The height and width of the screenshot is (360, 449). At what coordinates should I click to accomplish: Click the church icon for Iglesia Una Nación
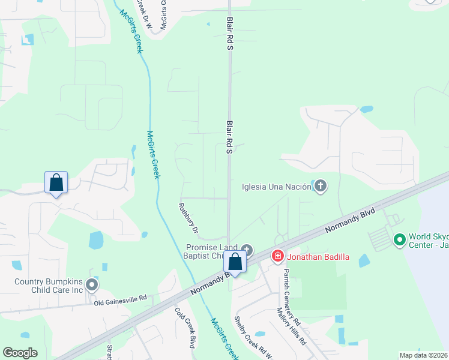[x=320, y=186]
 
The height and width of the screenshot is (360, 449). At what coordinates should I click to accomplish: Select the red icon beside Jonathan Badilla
[x=277, y=257]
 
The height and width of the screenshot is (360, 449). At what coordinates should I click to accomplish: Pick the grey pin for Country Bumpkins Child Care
[x=92, y=285]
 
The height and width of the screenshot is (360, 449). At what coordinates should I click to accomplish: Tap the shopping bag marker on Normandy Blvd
[x=235, y=262]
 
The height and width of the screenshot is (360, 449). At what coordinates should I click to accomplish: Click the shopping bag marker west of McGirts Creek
[x=56, y=182]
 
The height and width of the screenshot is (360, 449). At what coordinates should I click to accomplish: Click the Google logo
[x=20, y=353]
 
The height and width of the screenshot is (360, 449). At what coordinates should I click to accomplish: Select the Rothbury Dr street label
[x=188, y=218]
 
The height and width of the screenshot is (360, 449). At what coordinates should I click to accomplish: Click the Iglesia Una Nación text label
[x=276, y=186]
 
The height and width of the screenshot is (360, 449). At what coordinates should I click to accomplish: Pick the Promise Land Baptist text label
[x=211, y=251]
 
